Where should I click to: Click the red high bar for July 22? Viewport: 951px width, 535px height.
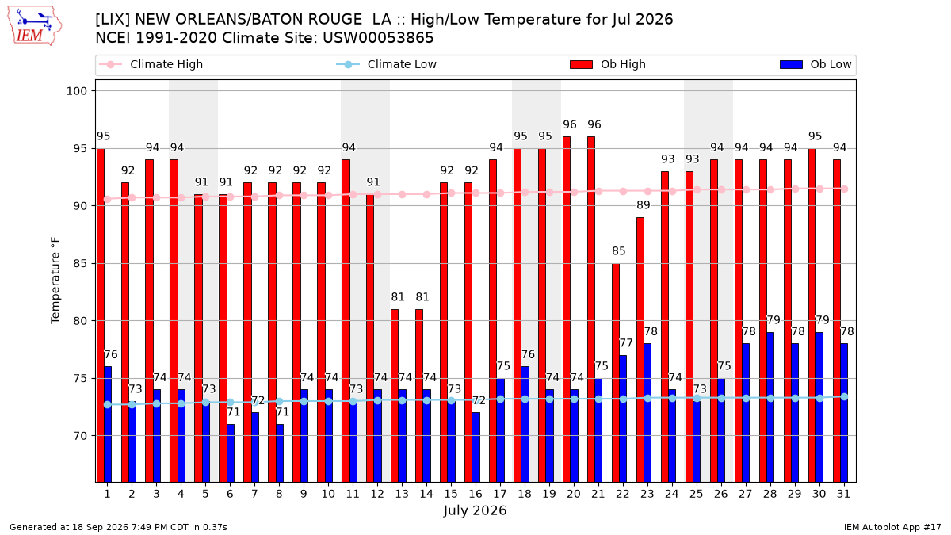tap(616, 373)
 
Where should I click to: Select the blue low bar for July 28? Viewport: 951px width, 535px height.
tap(770, 407)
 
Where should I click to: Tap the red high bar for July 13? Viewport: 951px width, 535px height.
tap(395, 396)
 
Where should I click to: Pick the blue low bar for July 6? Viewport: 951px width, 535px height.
tap(230, 453)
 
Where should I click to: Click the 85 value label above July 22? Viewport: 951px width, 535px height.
tap(619, 251)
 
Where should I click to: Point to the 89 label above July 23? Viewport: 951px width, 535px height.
tap(644, 205)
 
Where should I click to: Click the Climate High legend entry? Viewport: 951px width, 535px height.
tap(151, 64)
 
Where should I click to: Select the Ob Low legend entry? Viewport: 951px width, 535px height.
tap(815, 64)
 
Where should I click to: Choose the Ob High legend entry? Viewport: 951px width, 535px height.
tap(608, 64)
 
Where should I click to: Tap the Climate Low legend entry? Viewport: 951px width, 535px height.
tap(386, 64)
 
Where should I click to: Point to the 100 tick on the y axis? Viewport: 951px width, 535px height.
tap(76, 91)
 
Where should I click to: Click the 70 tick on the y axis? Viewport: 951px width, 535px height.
tap(80, 436)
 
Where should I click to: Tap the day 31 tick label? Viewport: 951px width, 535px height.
tap(843, 494)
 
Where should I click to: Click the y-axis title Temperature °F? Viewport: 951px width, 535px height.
tap(55, 281)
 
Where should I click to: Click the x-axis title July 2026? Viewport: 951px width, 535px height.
tap(475, 510)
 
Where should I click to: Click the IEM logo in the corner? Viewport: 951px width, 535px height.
tap(34, 26)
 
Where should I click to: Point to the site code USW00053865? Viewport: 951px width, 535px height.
tap(378, 38)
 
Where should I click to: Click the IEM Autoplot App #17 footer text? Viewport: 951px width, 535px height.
tap(892, 527)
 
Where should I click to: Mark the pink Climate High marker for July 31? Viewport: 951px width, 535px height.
tap(845, 189)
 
